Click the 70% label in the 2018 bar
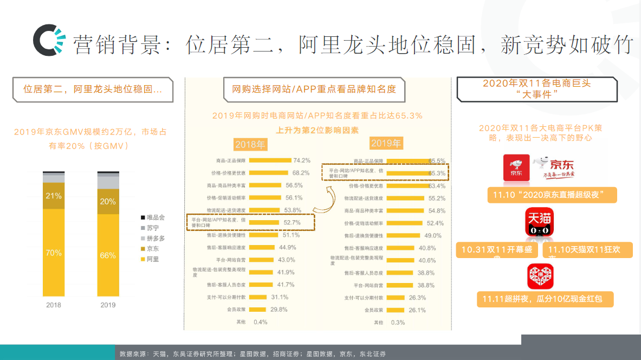[54, 253]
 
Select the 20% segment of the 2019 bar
[108, 201]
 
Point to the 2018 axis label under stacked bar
[54, 305]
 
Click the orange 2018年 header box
[250, 144]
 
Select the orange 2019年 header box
[386, 143]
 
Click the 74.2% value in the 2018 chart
[301, 160]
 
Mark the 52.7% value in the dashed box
[292, 222]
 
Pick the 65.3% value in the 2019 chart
[437, 173]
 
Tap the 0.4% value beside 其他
[261, 322]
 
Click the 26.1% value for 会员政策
[417, 310]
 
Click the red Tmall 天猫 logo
[539, 223]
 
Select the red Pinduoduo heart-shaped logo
[540, 277]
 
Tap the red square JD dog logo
[516, 168]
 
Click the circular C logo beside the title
[47, 41]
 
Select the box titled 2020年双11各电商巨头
[536, 89]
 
